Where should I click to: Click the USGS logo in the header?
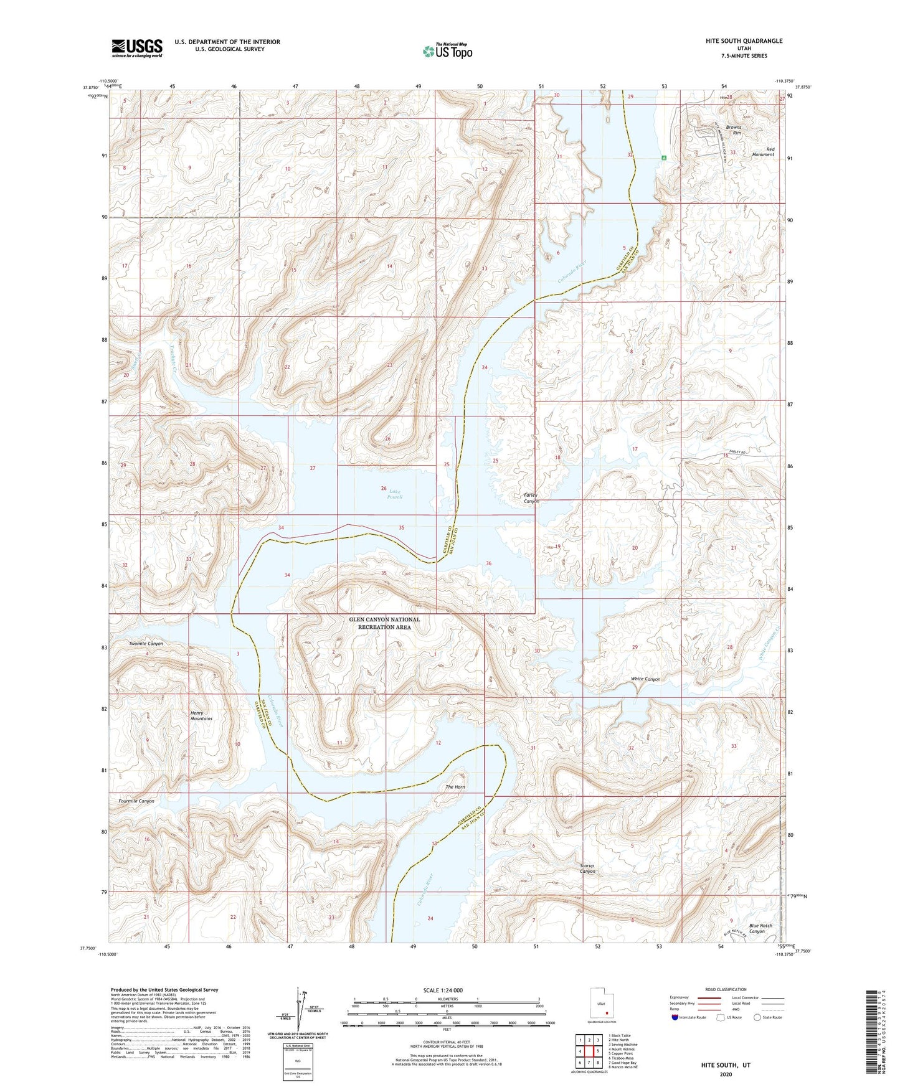click(x=137, y=48)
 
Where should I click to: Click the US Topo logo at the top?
click(x=447, y=52)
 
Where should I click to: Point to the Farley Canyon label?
click(x=531, y=499)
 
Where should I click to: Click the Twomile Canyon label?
click(x=146, y=643)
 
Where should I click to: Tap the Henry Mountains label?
click(x=201, y=716)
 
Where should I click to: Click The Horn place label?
click(x=455, y=787)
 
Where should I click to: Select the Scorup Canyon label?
click(x=587, y=868)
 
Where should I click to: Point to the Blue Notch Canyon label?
click(x=760, y=928)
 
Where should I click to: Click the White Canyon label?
click(x=645, y=679)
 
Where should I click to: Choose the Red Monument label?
click(x=762, y=152)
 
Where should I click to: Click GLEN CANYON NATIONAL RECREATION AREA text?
click(x=384, y=623)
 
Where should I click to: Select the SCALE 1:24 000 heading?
click(x=446, y=991)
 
